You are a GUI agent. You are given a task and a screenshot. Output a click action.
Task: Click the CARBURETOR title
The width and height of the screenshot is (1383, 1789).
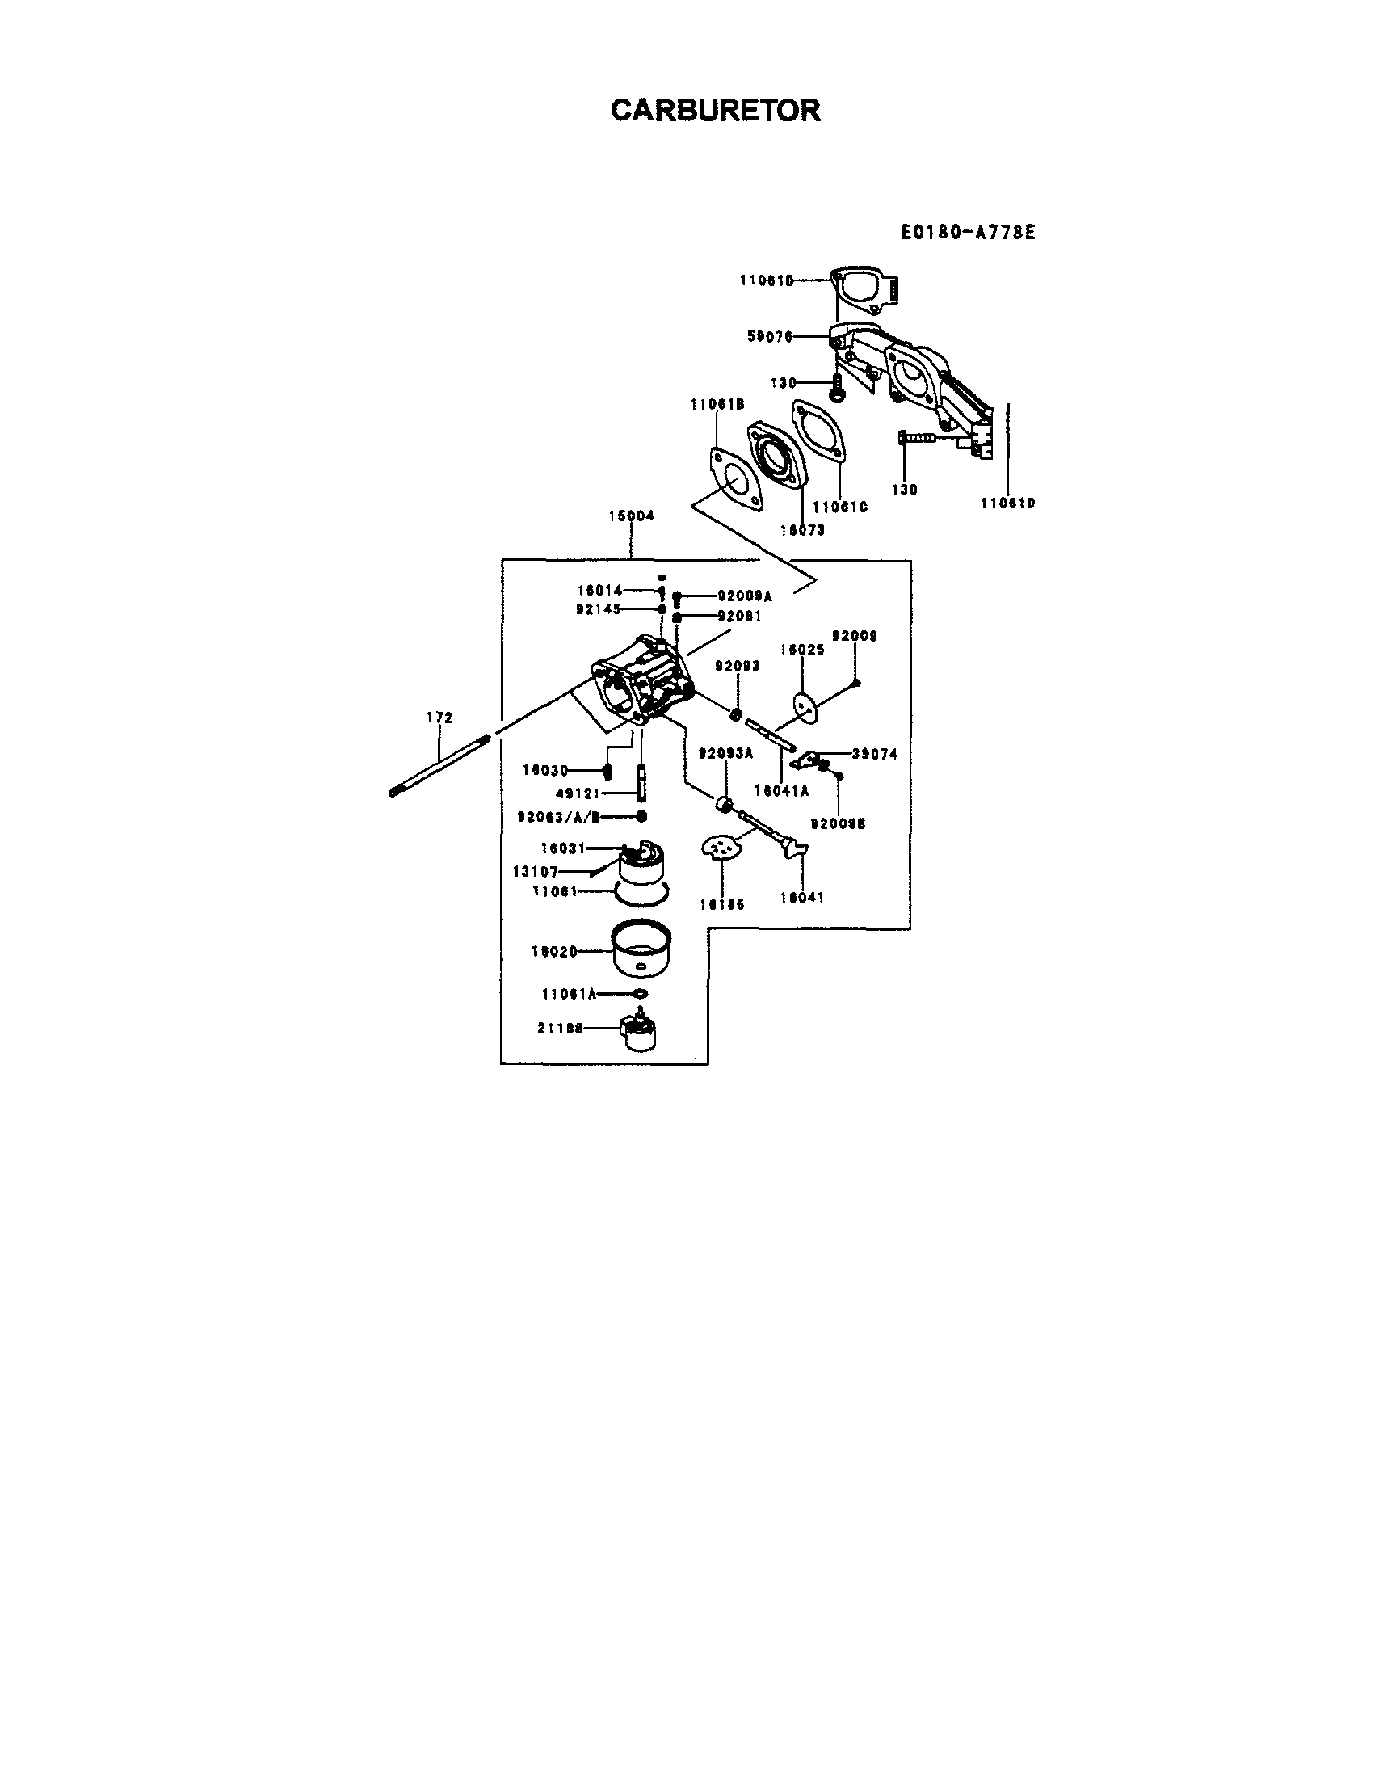715,110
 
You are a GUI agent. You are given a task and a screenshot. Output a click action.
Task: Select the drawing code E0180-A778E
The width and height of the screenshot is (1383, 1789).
968,233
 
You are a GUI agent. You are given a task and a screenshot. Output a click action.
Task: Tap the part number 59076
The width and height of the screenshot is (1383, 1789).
770,336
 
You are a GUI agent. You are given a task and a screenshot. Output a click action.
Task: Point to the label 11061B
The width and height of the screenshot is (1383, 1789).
717,404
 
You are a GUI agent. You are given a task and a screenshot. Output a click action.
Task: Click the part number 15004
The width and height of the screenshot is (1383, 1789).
631,516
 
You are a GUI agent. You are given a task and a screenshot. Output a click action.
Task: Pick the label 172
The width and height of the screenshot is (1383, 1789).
439,718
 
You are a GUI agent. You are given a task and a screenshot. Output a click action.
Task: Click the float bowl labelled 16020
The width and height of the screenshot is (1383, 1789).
643,950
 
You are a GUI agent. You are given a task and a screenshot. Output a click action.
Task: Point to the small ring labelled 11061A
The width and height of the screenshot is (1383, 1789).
641,995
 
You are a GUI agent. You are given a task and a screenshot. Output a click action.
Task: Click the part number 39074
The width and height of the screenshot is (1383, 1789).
875,754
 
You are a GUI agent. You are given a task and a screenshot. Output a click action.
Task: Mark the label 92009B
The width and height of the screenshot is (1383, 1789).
838,824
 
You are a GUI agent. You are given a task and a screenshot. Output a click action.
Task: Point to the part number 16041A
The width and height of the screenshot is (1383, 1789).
781,791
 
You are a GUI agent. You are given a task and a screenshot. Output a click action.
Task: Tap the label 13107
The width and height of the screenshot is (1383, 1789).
535,872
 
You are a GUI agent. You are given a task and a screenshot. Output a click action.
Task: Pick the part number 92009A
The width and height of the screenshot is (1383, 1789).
744,596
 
